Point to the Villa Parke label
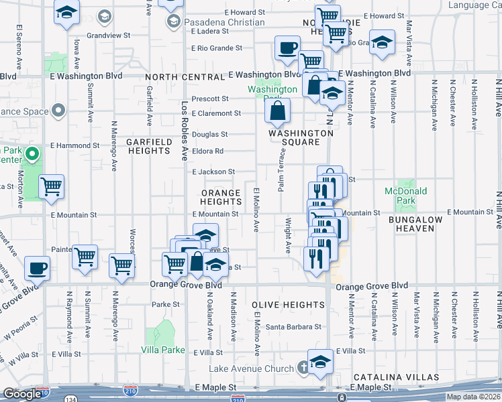coord(163,350)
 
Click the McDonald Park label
coord(406,196)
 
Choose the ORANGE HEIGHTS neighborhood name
coord(221,197)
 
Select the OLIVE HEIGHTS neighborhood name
coord(289,305)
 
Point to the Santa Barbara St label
coord(293,327)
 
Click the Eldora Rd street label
coord(207,151)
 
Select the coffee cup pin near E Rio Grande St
coord(287,48)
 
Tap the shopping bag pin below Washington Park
coord(277,110)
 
